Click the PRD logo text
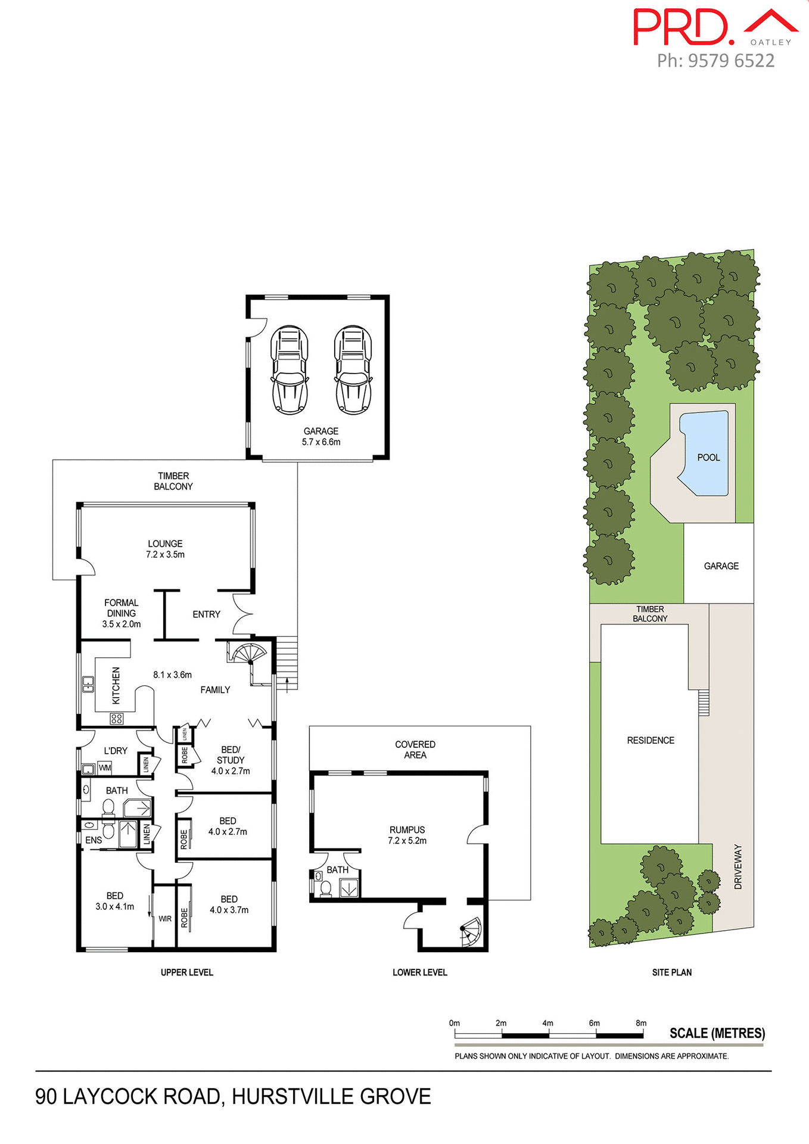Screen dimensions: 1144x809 pos(682,27)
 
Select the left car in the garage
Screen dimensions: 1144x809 pos(290,369)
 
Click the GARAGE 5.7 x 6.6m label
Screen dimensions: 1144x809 pos(321,436)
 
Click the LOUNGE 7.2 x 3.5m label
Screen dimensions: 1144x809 pos(165,549)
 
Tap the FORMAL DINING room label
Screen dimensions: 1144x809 pos(122,613)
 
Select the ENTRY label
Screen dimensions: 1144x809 pos(206,614)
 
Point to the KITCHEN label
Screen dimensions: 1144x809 pos(116,685)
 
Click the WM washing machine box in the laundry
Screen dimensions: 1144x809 pos(105,768)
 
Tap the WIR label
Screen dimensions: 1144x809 pos(165,919)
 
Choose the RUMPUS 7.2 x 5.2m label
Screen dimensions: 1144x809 pos(407,835)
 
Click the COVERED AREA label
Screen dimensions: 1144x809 pos(415,750)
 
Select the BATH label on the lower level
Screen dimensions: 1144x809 pos(337,870)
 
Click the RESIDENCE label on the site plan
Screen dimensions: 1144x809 pos(651,740)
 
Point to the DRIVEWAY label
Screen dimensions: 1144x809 pos(738,867)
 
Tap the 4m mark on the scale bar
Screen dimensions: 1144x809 pos(547,1023)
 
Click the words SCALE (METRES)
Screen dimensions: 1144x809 pos(717,1033)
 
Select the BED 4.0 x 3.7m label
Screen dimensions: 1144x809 pos(229,904)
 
